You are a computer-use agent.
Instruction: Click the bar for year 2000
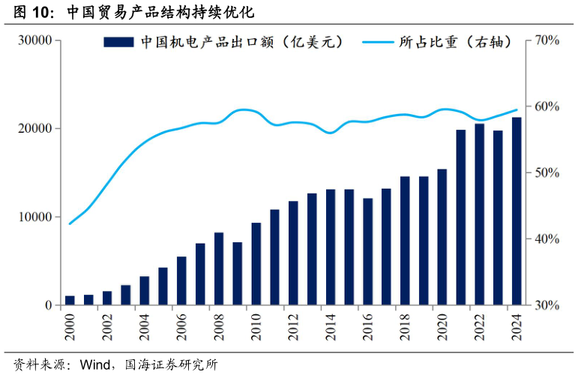[70, 300]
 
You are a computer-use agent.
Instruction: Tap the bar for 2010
[256, 264]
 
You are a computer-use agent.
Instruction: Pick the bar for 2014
[331, 247]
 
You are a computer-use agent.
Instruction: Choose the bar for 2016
[368, 252]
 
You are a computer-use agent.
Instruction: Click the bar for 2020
[442, 237]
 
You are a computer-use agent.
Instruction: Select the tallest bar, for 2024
[517, 211]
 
